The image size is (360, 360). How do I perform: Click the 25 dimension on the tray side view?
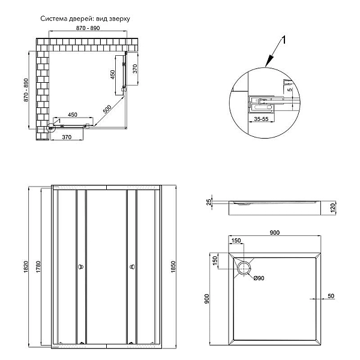209,202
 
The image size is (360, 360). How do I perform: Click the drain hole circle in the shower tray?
245,268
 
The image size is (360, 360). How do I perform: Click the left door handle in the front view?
80,266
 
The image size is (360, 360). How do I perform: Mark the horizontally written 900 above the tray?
275,233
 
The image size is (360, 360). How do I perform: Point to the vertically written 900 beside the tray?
208,298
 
